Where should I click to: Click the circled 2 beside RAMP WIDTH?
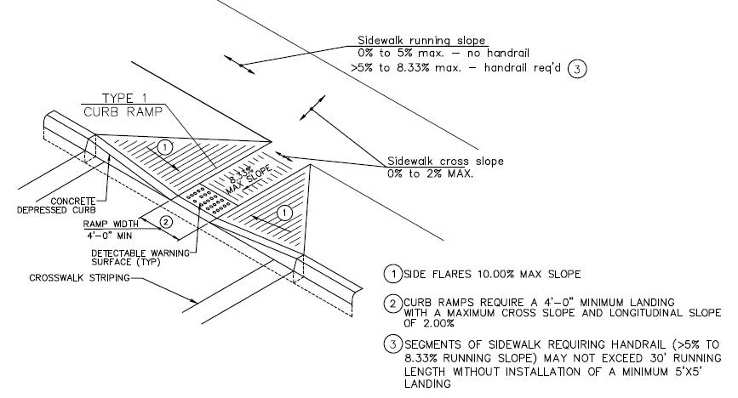click(167, 223)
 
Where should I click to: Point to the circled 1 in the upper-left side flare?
click(167, 147)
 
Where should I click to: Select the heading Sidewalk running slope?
click(420, 40)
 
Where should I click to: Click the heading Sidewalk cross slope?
click(445, 161)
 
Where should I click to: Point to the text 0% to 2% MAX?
click(429, 173)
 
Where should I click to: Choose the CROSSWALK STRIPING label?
click(74, 277)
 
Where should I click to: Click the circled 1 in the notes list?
click(392, 274)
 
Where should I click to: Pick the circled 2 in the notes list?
click(392, 301)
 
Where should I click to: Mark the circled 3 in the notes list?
click(392, 344)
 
